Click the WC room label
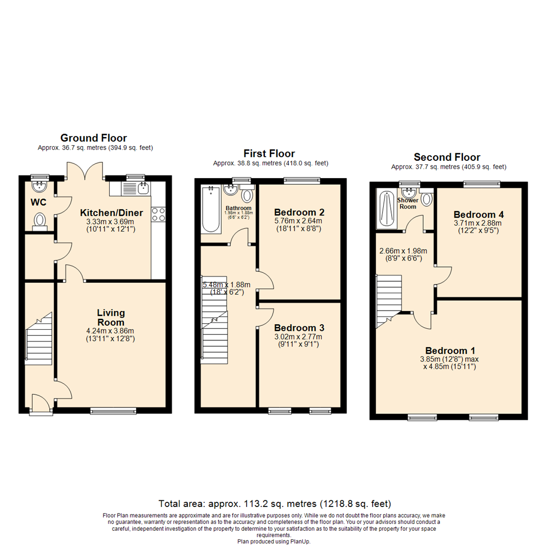pyautogui.click(x=39, y=202)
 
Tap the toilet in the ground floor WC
pyautogui.click(x=40, y=221)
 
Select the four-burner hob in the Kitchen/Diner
pyautogui.click(x=158, y=214)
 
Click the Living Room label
pyautogui.click(x=111, y=318)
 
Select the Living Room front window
pyautogui.click(x=113, y=410)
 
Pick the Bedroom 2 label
pyautogui.click(x=299, y=212)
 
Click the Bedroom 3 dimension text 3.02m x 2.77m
pyautogui.click(x=299, y=336)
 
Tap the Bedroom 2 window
pyautogui.click(x=302, y=180)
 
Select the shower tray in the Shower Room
pyautogui.click(x=386, y=209)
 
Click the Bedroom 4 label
pyautogui.click(x=478, y=214)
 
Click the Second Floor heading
pyautogui.click(x=447, y=157)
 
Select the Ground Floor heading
pyautogui.click(x=93, y=138)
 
